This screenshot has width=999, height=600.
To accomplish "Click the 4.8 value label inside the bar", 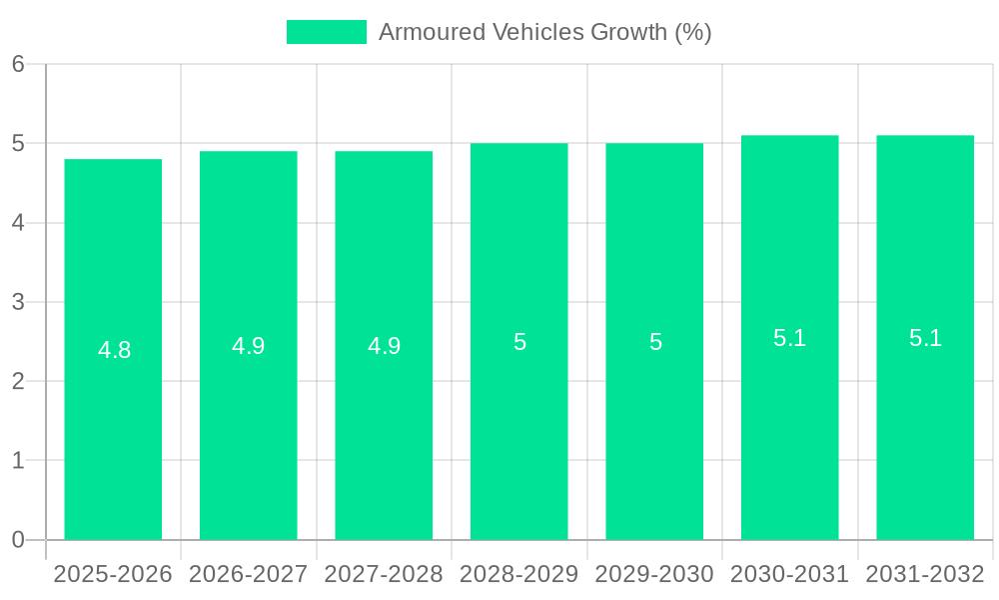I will point(114,350).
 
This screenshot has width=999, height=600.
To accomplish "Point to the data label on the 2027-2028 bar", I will point(384,346).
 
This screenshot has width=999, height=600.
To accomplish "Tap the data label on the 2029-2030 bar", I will point(655,342).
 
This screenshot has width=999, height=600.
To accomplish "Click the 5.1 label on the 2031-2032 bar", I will point(925,338).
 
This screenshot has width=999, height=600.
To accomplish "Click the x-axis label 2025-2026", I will point(113,574).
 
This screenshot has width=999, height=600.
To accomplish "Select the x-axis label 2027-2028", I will point(384,574).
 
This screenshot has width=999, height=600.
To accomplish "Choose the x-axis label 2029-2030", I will point(654,574).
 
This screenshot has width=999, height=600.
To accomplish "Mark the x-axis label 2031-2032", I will point(925,574).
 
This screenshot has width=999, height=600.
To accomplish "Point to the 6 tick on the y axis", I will point(18,64).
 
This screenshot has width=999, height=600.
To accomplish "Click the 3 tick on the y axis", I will point(18,302).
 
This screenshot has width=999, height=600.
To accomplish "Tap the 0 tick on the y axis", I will point(18,540).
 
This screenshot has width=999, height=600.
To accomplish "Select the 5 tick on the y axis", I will point(18,144).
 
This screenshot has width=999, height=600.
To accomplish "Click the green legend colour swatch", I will point(327,32).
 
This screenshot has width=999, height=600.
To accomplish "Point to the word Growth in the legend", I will point(629,32).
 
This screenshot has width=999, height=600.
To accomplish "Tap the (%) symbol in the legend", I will point(693,32).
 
